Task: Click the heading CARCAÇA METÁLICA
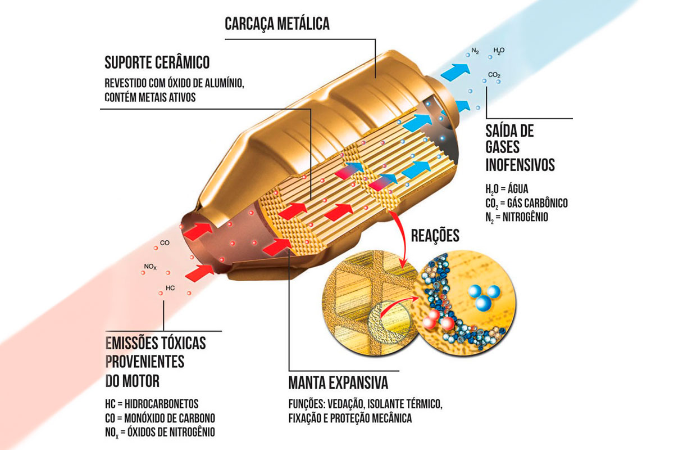(277, 24)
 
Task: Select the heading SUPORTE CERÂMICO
(157, 62)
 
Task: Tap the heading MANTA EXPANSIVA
(338, 384)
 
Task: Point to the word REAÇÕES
(435, 236)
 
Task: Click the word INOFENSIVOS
(520, 165)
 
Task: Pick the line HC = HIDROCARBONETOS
(152, 404)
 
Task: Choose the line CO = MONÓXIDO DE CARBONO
(160, 418)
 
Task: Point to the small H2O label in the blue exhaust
(499, 51)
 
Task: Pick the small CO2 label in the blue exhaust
(494, 75)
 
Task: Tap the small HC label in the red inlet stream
(170, 289)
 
